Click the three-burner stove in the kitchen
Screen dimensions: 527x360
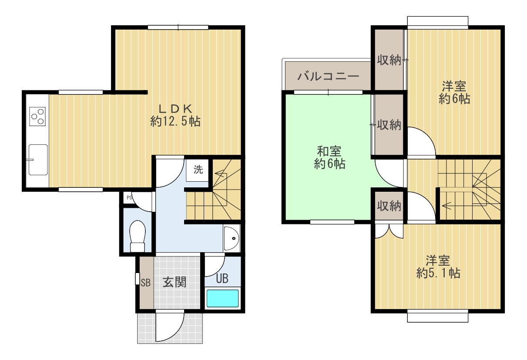(37, 117)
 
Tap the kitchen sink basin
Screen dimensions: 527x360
(38, 160)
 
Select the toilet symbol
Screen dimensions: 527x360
(138, 236)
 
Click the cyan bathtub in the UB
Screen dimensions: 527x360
(222, 298)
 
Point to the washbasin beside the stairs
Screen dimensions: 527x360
(232, 238)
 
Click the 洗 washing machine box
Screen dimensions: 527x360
(197, 170)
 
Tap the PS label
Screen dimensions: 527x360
(129, 198)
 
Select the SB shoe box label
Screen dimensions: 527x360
(146, 283)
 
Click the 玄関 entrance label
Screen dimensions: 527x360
(175, 282)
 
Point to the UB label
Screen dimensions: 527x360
(222, 279)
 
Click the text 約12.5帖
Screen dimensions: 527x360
(175, 121)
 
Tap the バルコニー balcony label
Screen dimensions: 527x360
(328, 76)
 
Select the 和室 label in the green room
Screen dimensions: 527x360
(329, 151)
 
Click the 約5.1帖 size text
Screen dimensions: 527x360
(438, 273)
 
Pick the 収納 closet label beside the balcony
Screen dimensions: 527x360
(389, 60)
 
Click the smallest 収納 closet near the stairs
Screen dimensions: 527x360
(389, 206)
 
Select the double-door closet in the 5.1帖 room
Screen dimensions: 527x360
(389, 231)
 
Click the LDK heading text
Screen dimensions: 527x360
(175, 109)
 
